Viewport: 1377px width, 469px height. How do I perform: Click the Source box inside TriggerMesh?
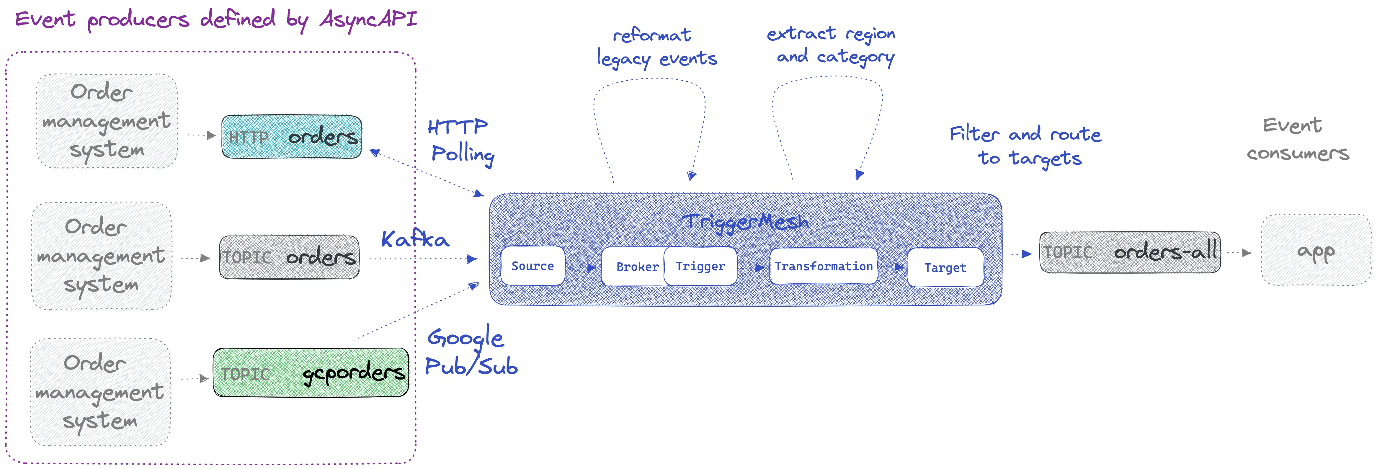click(x=532, y=266)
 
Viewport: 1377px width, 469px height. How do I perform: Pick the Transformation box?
click(x=823, y=266)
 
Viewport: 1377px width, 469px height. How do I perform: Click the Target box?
click(x=945, y=267)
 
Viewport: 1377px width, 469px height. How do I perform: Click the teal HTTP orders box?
click(x=291, y=137)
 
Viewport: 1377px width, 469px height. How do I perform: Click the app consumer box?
click(x=1316, y=250)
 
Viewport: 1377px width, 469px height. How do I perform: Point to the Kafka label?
click(x=415, y=239)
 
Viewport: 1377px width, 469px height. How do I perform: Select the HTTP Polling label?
click(x=461, y=141)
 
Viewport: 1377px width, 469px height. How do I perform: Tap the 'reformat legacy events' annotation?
click(x=656, y=47)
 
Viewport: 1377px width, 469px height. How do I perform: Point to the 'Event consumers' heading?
click(x=1297, y=139)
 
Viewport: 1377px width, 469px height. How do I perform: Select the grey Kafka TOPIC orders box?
click(x=289, y=257)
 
